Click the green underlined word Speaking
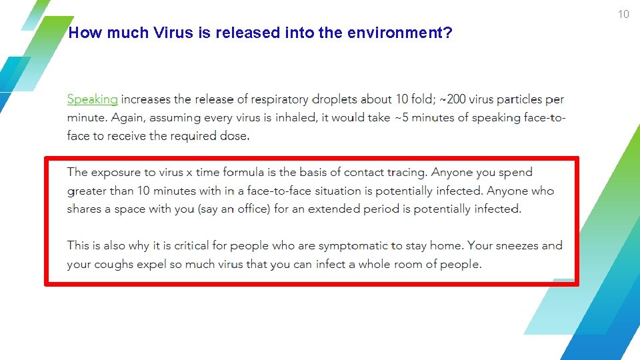pos(92,99)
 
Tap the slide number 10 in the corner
pos(623,15)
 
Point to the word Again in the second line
pos(127,118)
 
